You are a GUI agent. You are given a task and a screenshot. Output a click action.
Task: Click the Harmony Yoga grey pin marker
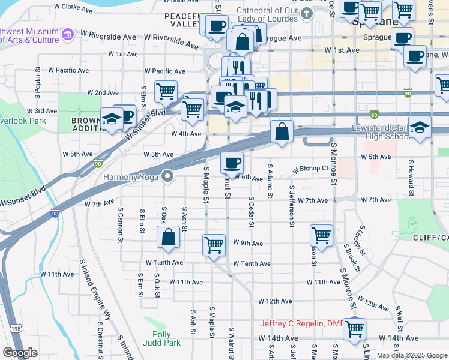point(167,176)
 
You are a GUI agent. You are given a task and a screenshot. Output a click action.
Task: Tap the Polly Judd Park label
point(157,339)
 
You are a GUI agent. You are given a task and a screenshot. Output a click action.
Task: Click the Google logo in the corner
point(20,353)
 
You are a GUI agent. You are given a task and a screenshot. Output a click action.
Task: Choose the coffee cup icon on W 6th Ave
point(232,162)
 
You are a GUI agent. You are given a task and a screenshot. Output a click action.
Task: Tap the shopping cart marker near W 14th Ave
point(354,328)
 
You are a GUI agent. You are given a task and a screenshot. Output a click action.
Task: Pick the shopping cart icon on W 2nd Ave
point(166,91)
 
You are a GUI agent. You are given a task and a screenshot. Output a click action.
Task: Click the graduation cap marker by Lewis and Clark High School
point(420,127)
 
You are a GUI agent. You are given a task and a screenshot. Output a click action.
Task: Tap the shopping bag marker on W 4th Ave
point(281,131)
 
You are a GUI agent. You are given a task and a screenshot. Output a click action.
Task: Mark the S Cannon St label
point(121,225)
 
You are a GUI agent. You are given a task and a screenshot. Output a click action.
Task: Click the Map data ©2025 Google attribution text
point(412,355)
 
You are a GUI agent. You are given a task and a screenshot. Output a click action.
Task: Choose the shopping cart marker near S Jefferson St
point(322,235)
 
